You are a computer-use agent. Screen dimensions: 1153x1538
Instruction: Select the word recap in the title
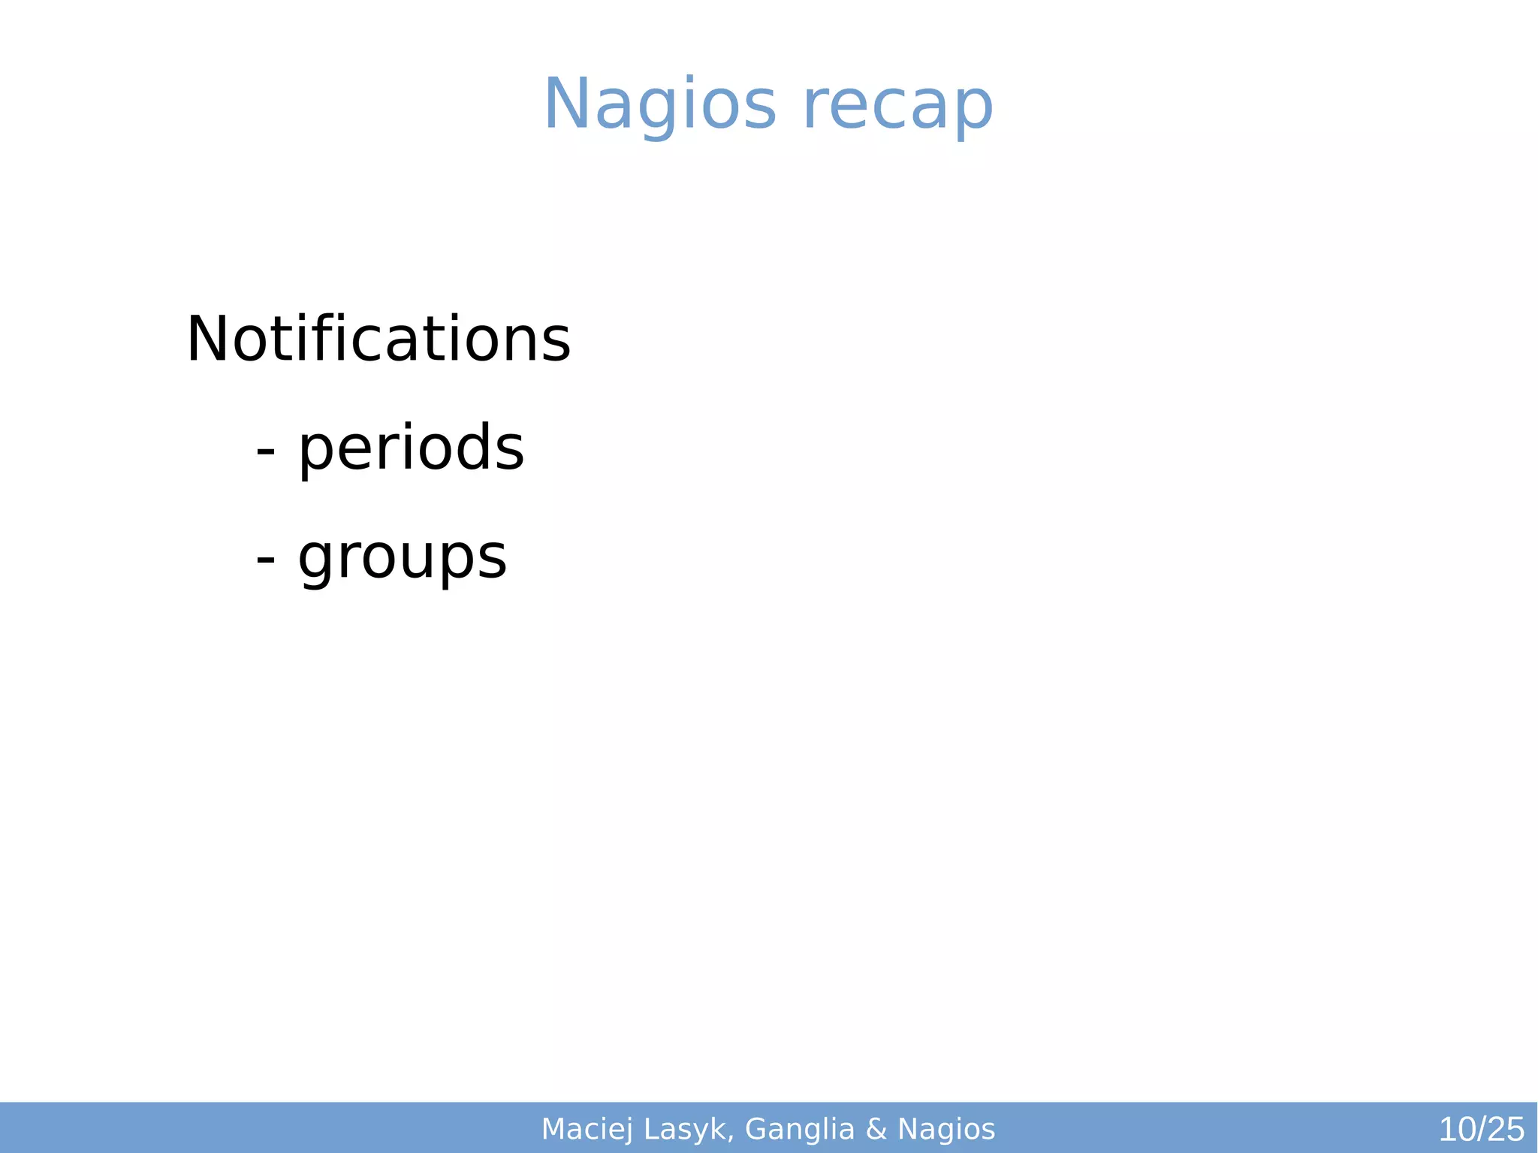(898, 105)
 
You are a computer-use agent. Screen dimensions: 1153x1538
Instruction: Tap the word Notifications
(378, 340)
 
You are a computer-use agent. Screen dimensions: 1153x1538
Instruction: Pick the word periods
(411, 448)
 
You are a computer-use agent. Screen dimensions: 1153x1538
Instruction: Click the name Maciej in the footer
(587, 1130)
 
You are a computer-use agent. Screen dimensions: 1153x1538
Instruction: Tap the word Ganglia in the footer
(800, 1130)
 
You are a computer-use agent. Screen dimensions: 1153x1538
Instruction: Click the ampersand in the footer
(876, 1130)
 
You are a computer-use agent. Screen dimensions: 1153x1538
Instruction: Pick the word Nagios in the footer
(946, 1130)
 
